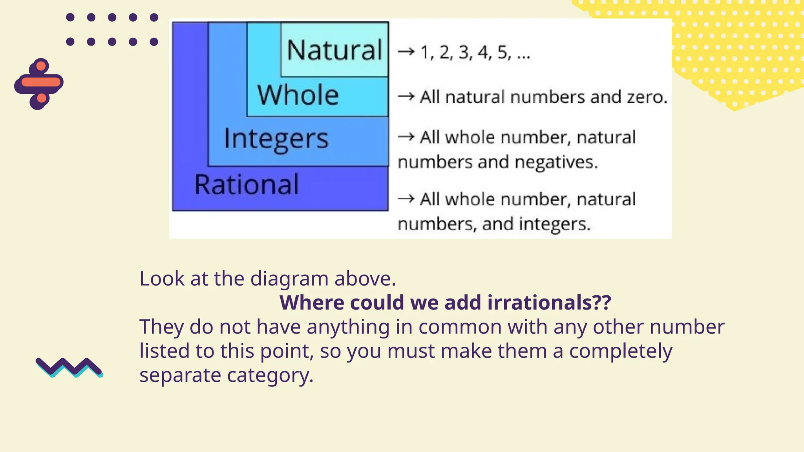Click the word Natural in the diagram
(334, 50)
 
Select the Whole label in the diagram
(298, 95)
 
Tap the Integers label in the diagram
(276, 139)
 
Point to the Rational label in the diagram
(247, 184)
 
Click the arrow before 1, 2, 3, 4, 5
(406, 51)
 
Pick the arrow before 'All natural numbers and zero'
(406, 96)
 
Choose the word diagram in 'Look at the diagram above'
(289, 279)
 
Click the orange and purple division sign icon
(39, 83)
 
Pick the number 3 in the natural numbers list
(464, 52)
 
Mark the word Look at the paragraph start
(162, 279)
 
